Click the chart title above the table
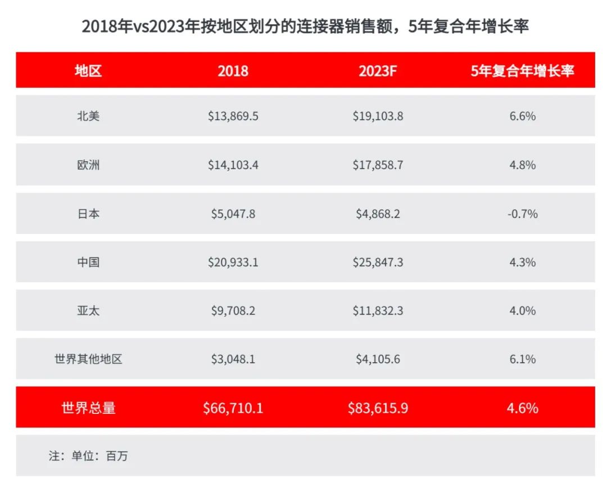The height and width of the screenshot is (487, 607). (x=305, y=26)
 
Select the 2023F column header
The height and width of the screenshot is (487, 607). (x=378, y=70)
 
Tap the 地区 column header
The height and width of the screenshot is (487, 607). (x=88, y=70)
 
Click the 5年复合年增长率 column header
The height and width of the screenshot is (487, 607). (x=522, y=70)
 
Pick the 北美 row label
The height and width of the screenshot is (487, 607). (x=88, y=116)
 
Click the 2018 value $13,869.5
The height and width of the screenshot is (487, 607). (x=233, y=116)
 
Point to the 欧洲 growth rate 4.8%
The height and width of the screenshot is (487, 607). (x=522, y=165)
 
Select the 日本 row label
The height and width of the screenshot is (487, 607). (x=88, y=214)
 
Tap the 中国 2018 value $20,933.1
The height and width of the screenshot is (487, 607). (x=233, y=262)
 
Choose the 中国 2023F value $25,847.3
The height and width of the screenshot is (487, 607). (x=378, y=262)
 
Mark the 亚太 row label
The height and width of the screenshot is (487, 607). (x=88, y=310)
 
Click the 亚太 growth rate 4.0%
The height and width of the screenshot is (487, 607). (x=522, y=310)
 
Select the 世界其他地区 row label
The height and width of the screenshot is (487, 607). (x=88, y=359)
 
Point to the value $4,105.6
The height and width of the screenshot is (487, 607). (x=378, y=359)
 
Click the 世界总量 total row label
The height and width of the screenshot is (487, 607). (x=88, y=408)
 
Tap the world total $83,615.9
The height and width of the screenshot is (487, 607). (x=378, y=408)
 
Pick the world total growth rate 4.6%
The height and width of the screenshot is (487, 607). (x=522, y=408)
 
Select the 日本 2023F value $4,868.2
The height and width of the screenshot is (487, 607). (x=378, y=214)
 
